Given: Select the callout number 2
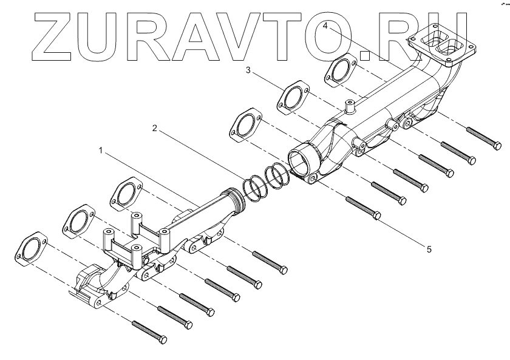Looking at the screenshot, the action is tap(155, 128).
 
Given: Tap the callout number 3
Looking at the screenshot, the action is tap(248, 70).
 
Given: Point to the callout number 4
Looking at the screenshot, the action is tap(326, 26).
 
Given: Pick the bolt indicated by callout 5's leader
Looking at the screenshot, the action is tap(362, 207).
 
